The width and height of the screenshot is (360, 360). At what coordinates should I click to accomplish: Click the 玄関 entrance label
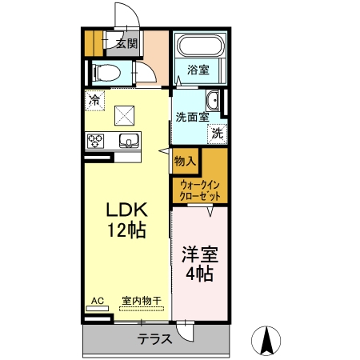click(x=127, y=43)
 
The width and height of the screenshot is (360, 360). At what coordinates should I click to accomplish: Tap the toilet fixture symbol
click(x=106, y=73)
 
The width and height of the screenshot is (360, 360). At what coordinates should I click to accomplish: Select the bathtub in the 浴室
click(x=200, y=45)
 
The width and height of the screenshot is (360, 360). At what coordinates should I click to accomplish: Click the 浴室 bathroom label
click(x=198, y=70)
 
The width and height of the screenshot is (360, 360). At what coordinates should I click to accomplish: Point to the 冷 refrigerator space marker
click(x=94, y=100)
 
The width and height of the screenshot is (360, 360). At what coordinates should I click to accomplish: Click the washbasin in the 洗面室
click(x=213, y=100)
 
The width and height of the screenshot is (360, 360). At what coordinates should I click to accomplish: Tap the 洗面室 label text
click(x=192, y=118)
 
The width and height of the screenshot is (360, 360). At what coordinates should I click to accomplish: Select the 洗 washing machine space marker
click(x=218, y=134)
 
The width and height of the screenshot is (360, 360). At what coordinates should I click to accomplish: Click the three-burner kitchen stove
click(x=95, y=141)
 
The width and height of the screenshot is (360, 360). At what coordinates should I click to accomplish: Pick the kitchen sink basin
click(x=129, y=141)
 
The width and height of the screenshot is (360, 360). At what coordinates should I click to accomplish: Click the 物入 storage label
click(x=185, y=161)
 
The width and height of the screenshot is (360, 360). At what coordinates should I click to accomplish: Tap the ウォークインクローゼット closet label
click(x=200, y=190)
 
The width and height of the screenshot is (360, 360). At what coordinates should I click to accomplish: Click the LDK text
click(x=127, y=210)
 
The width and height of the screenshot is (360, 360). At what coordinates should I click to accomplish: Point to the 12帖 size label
click(x=126, y=230)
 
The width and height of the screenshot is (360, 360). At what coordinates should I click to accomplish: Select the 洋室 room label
click(x=200, y=254)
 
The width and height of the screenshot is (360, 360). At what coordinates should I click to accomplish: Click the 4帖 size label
click(x=199, y=274)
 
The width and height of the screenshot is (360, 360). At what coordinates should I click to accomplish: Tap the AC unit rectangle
click(x=98, y=309)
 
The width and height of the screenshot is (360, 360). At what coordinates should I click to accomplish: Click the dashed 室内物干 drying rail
click(x=142, y=309)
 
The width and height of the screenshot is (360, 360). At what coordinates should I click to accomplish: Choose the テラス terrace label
click(x=154, y=339)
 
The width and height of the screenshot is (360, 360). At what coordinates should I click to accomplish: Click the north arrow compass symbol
click(x=266, y=341)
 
